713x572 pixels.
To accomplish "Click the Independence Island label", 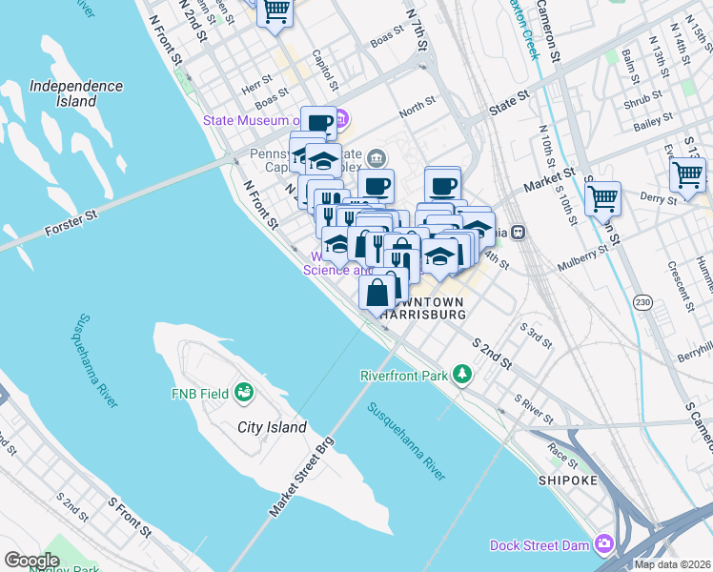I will click(x=76, y=92).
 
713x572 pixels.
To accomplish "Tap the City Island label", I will click(x=272, y=427).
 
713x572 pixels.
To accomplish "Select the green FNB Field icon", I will click(x=243, y=392).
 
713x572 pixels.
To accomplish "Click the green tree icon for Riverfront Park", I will click(x=462, y=375).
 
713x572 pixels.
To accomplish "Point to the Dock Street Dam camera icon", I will click(x=603, y=545).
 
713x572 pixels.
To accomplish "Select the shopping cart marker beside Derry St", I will click(x=602, y=199).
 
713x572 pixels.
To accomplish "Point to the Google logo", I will click(x=31, y=561).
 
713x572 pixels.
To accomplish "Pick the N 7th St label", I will click(x=417, y=31).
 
